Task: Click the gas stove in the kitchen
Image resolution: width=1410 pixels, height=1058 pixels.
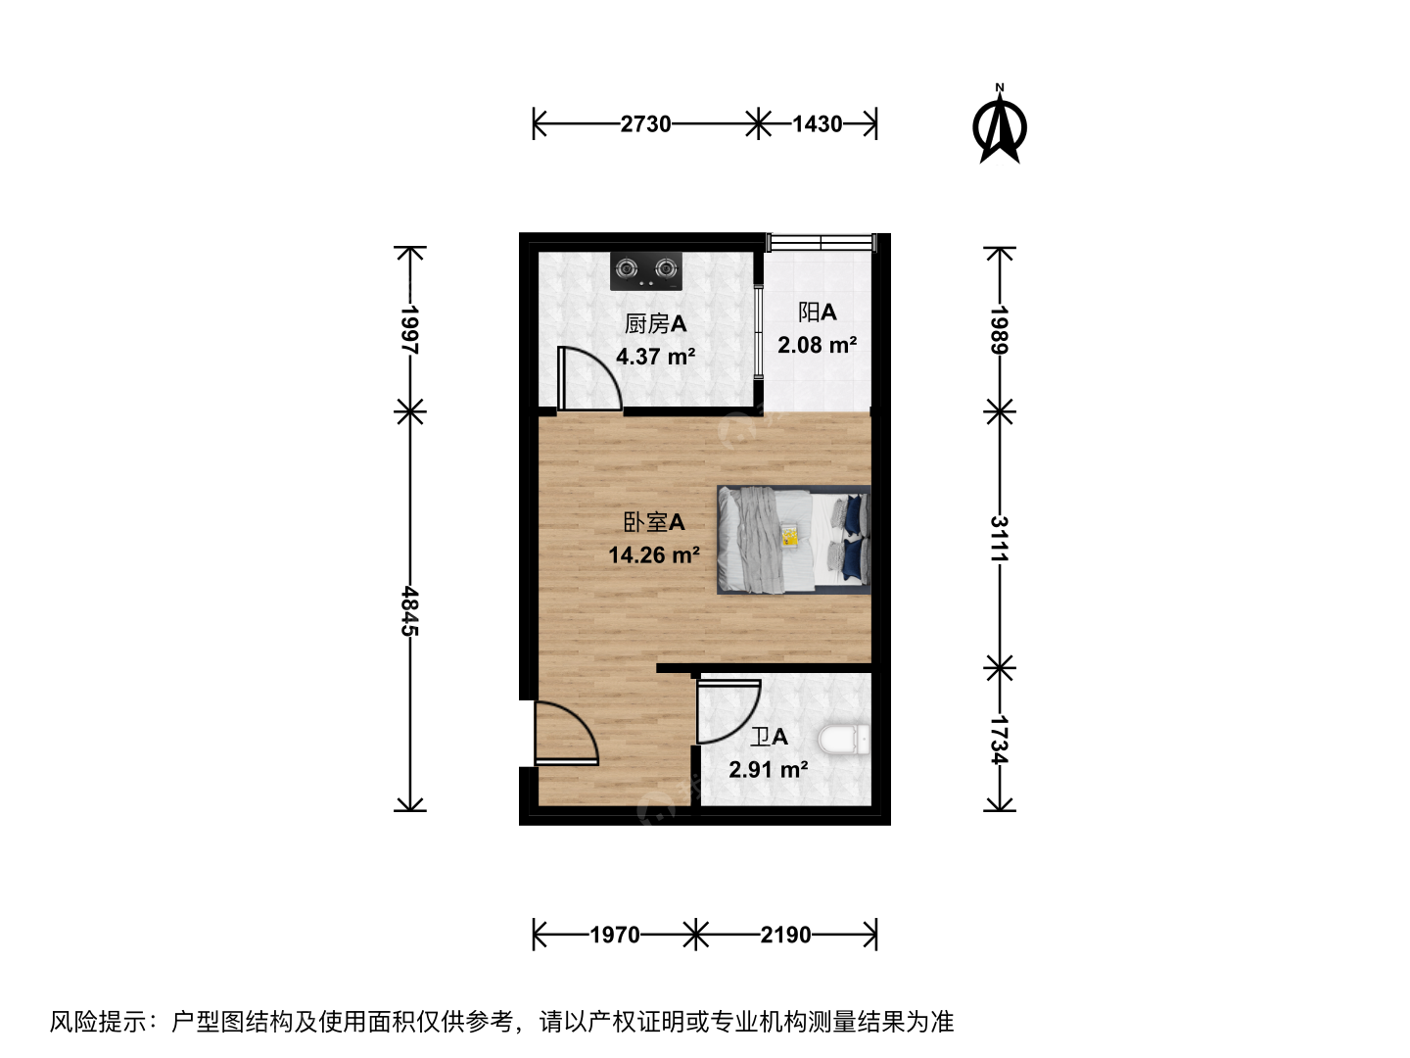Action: (x=645, y=271)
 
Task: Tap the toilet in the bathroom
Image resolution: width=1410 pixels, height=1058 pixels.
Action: (x=844, y=740)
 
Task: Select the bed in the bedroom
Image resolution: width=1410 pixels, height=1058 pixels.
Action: (x=794, y=540)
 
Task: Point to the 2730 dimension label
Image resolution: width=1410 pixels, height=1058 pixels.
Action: (x=645, y=124)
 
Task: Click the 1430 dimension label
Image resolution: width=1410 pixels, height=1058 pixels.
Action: (x=817, y=124)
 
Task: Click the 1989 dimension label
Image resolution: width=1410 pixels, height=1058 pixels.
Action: (x=1000, y=329)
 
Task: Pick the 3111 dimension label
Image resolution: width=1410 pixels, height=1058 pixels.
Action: (x=1000, y=539)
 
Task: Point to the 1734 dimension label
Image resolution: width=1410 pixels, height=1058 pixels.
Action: (x=1000, y=740)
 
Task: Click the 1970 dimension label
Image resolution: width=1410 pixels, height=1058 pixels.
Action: (x=615, y=935)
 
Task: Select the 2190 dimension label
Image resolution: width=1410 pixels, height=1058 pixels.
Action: (x=785, y=935)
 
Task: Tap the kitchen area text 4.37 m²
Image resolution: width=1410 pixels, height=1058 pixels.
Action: (x=656, y=356)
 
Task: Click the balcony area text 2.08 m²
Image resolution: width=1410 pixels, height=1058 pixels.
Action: (x=817, y=345)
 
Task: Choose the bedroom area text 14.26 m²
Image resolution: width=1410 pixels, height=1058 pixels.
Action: (x=654, y=554)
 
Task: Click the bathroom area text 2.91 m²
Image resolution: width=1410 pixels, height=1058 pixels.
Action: (x=769, y=769)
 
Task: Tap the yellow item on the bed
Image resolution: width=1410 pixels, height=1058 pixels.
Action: (x=789, y=535)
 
